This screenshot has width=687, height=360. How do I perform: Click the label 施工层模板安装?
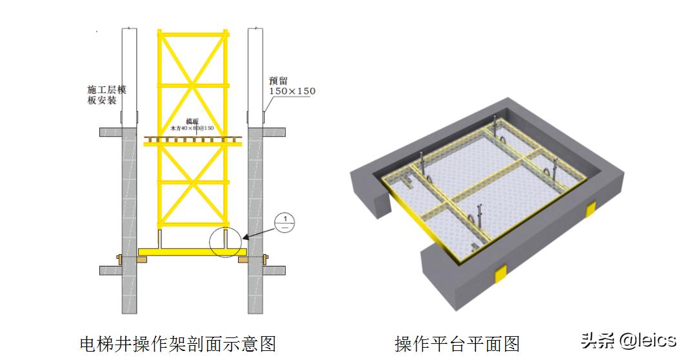click(x=106, y=95)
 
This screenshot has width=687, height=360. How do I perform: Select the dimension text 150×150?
click(x=292, y=91)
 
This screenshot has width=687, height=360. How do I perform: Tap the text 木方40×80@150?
click(x=192, y=128)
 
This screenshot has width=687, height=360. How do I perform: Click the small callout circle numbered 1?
click(x=284, y=223)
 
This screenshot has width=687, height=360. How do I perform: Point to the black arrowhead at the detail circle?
click(x=246, y=237)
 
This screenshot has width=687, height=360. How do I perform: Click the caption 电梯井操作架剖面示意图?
click(x=177, y=343)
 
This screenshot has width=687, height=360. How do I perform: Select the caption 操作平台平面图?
click(x=457, y=343)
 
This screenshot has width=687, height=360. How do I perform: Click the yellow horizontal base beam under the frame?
click(x=192, y=250)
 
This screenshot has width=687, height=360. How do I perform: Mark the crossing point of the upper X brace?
click(x=192, y=83)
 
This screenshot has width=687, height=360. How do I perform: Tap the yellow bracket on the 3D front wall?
click(x=500, y=274)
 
